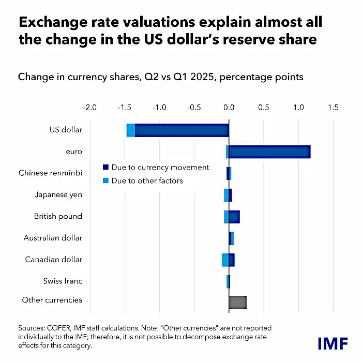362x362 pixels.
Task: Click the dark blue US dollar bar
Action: (181, 130)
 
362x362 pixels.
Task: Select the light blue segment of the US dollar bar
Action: (131, 130)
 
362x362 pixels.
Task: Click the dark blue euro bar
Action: (269, 152)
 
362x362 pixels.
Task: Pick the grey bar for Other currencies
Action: (237, 303)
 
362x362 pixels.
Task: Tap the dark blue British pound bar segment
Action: (234, 217)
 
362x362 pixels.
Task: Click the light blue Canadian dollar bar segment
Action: (225, 260)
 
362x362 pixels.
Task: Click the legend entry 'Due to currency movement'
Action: (160, 167)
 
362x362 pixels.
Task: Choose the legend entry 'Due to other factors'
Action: (147, 180)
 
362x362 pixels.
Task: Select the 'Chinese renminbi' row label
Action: (50, 173)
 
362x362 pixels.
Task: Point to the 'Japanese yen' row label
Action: (58, 195)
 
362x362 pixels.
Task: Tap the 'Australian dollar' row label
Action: (53, 238)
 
